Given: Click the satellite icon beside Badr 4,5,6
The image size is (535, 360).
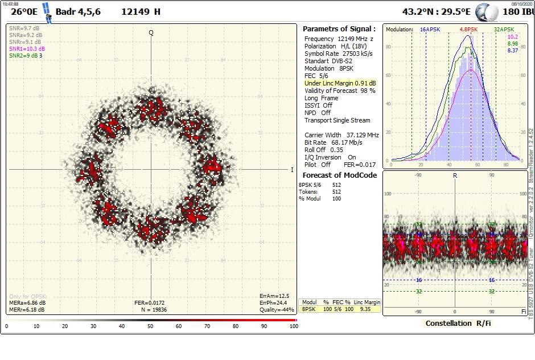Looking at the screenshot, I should (x=48, y=13).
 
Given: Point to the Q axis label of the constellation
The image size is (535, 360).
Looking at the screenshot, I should (x=151, y=32).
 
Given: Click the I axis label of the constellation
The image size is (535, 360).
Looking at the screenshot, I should (x=292, y=170).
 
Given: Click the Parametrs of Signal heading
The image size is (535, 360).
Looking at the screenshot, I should (x=339, y=28).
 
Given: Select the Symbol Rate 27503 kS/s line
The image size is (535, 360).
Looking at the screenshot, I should (x=338, y=54).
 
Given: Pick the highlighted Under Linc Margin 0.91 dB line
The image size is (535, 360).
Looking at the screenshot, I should (x=340, y=83).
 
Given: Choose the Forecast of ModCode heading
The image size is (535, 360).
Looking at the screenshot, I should (x=339, y=175).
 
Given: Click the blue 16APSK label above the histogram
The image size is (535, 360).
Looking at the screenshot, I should (x=430, y=29).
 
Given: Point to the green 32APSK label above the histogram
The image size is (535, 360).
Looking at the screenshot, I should (x=504, y=29).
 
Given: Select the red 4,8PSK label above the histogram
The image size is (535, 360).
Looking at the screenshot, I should (x=470, y=29).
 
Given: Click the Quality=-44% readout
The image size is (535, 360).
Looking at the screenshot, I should (x=277, y=310).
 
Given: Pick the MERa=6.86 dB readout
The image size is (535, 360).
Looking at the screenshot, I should (x=27, y=303).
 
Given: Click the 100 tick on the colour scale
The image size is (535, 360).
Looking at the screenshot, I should (x=293, y=327).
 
